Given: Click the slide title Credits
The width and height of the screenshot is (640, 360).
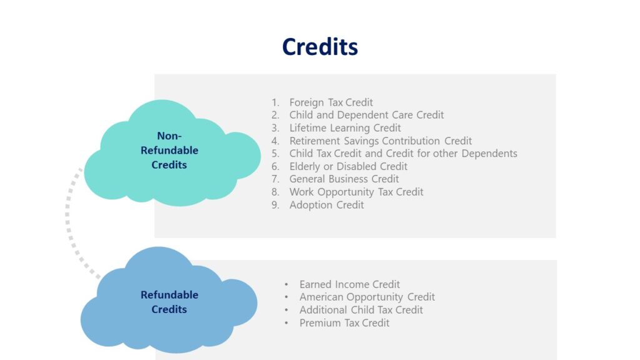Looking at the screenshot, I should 319,47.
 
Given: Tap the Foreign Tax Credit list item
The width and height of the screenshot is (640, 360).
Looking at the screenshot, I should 331,102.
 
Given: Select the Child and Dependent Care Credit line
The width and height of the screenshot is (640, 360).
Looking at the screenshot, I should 366,115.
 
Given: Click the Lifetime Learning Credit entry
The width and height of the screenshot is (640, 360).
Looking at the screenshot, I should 345,128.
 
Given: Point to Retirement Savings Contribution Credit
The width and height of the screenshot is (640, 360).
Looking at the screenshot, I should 380,141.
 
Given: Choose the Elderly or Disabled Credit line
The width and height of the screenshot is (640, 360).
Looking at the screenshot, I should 348,166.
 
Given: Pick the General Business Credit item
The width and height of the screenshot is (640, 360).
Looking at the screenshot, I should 344,179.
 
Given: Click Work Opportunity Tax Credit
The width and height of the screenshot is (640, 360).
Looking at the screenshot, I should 356,192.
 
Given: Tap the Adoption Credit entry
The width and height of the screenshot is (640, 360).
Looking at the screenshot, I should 326,205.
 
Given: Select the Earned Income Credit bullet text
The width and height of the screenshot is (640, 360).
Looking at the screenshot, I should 349,284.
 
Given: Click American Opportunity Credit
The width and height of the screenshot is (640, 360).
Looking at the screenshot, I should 367,297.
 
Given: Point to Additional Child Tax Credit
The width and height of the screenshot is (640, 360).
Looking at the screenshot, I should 361,310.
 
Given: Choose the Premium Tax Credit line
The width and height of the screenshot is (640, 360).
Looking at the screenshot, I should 344,323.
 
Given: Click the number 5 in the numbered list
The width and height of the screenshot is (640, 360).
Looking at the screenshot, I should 275,154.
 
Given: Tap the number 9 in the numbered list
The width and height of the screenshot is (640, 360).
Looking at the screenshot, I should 275,205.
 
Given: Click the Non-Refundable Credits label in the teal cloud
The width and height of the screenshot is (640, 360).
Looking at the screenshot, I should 169,151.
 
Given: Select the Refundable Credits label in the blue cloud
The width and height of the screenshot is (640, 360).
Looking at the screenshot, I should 169,302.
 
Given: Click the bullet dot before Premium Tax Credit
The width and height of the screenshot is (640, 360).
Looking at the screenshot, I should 286,324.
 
